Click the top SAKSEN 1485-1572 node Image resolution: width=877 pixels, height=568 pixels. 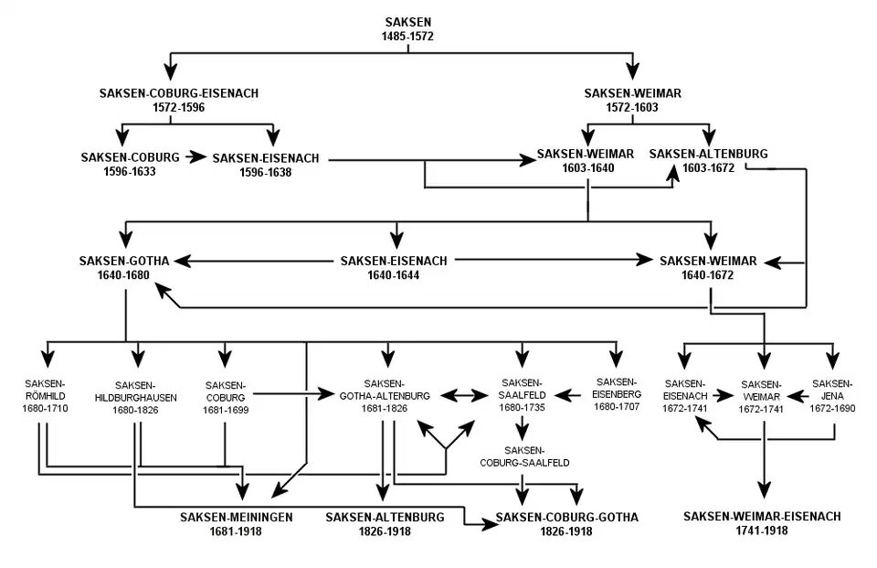[407, 29]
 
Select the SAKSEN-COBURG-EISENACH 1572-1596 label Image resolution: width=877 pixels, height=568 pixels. [179, 100]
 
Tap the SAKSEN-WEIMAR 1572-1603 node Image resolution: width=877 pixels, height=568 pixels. [632, 100]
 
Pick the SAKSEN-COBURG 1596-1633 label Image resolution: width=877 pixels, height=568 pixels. [130, 164]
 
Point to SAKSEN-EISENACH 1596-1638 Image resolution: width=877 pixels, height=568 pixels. [266, 165]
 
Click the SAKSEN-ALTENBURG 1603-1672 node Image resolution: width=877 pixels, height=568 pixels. [709, 160]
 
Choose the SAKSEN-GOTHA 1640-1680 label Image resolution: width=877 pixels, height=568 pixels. [125, 267]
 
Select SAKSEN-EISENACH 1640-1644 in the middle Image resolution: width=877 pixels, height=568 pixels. [394, 267]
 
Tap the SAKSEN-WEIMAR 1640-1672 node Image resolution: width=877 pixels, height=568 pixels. [709, 267]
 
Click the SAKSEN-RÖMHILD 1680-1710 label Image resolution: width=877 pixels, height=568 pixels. [46, 395]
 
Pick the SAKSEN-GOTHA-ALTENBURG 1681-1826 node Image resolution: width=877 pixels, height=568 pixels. [385, 395]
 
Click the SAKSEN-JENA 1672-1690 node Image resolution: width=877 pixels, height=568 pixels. [832, 395]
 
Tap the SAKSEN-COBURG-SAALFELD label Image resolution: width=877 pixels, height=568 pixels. [536, 456]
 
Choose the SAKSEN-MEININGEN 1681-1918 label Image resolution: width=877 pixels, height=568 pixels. [238, 524]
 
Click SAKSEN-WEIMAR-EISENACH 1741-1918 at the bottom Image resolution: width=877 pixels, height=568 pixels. [763, 523]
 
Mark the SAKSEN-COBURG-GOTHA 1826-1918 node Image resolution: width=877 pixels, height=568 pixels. [567, 524]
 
